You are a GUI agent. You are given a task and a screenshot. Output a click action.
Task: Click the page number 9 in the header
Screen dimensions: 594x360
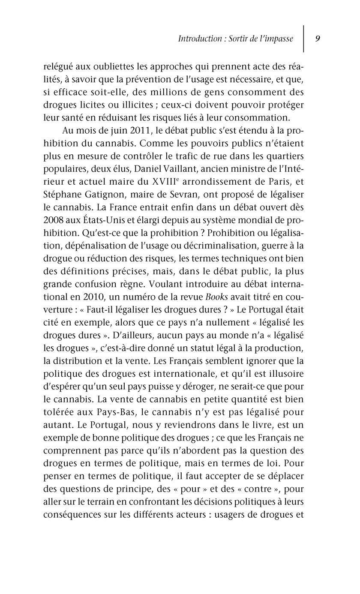point(318,39)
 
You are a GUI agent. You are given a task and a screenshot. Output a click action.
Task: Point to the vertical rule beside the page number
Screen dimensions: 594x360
point(304,39)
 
